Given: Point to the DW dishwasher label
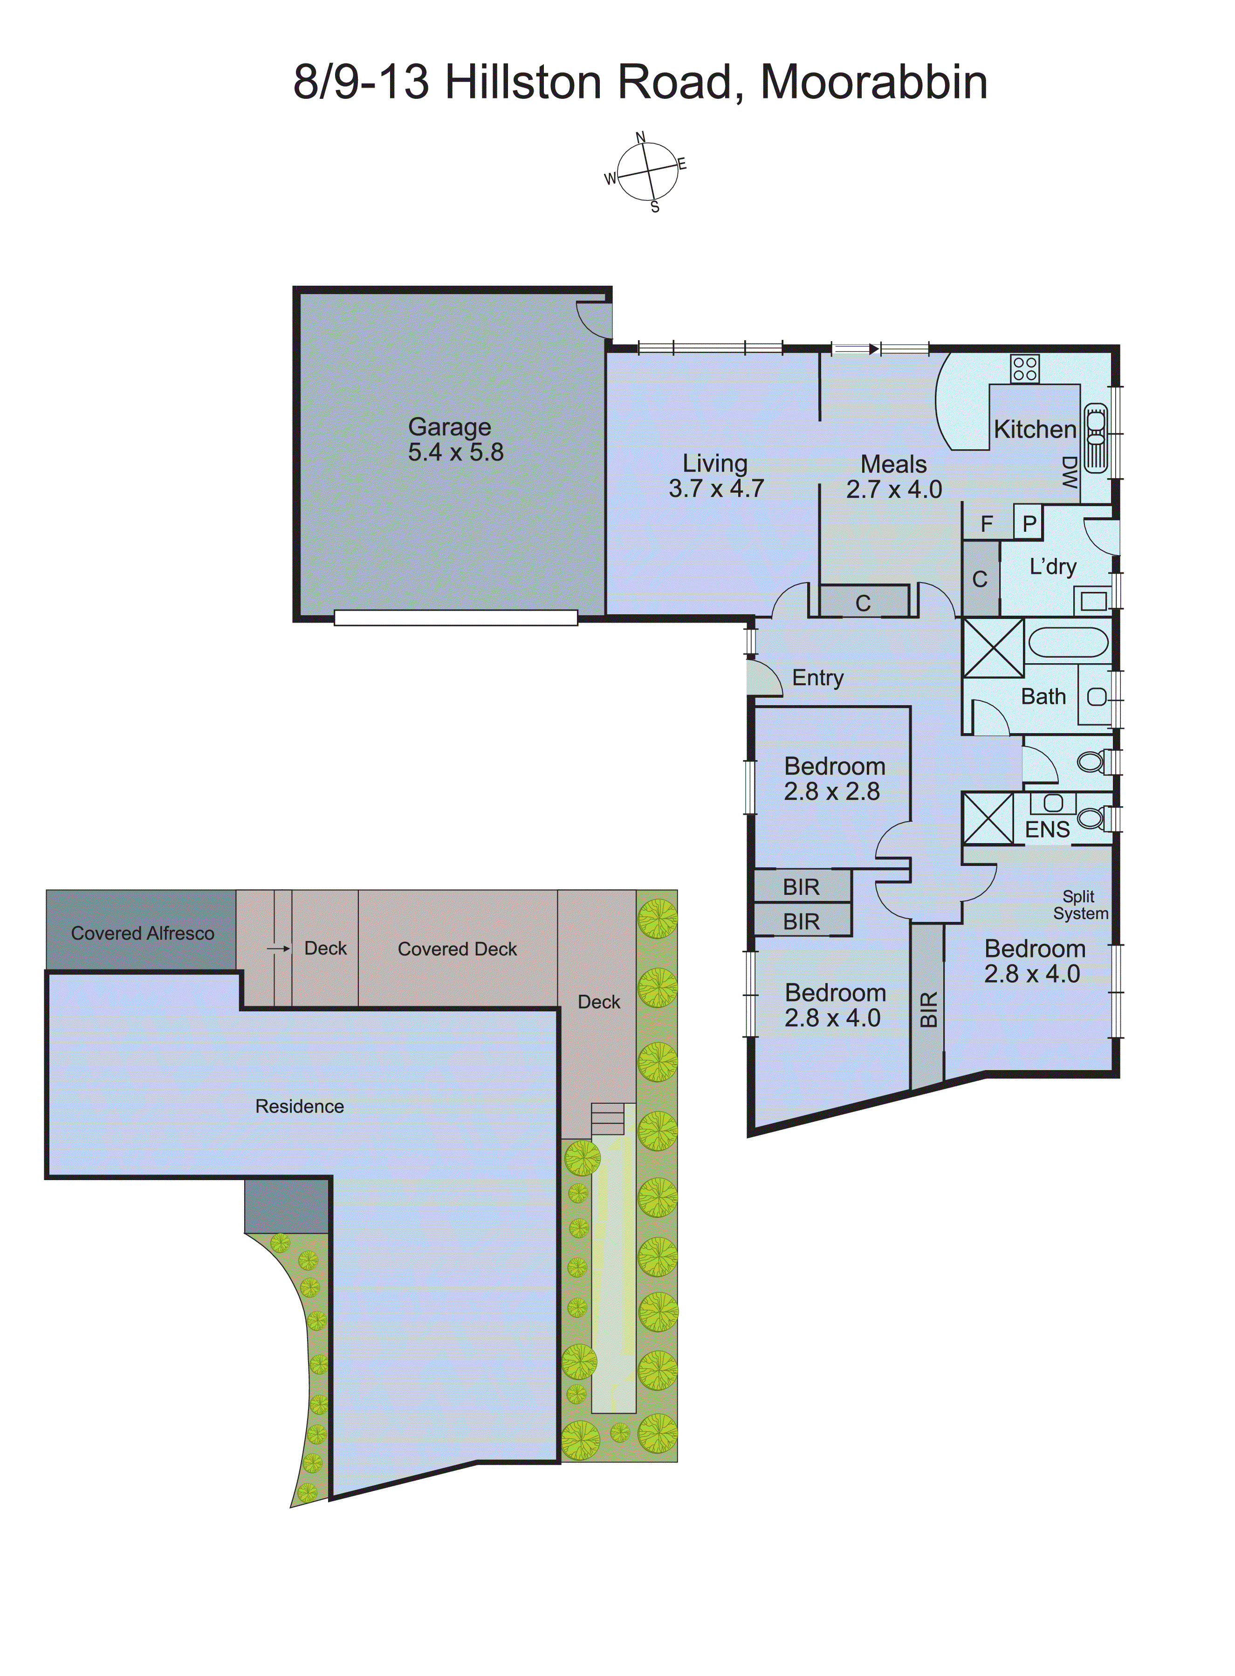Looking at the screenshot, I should pyautogui.click(x=1069, y=473).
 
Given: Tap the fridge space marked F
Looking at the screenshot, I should pyautogui.click(x=987, y=524).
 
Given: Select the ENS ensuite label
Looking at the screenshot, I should pyautogui.click(x=1047, y=830).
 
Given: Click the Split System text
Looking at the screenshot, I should pyautogui.click(x=1079, y=905).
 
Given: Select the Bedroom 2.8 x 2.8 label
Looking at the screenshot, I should pyautogui.click(x=834, y=779).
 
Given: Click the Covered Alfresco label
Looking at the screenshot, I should pyautogui.click(x=142, y=933).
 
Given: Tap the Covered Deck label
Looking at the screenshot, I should pyautogui.click(x=457, y=948).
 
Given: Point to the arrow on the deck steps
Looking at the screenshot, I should pyautogui.click(x=278, y=948).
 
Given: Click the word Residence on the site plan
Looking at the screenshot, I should pyautogui.click(x=299, y=1106).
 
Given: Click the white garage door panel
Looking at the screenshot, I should pyautogui.click(x=455, y=618).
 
